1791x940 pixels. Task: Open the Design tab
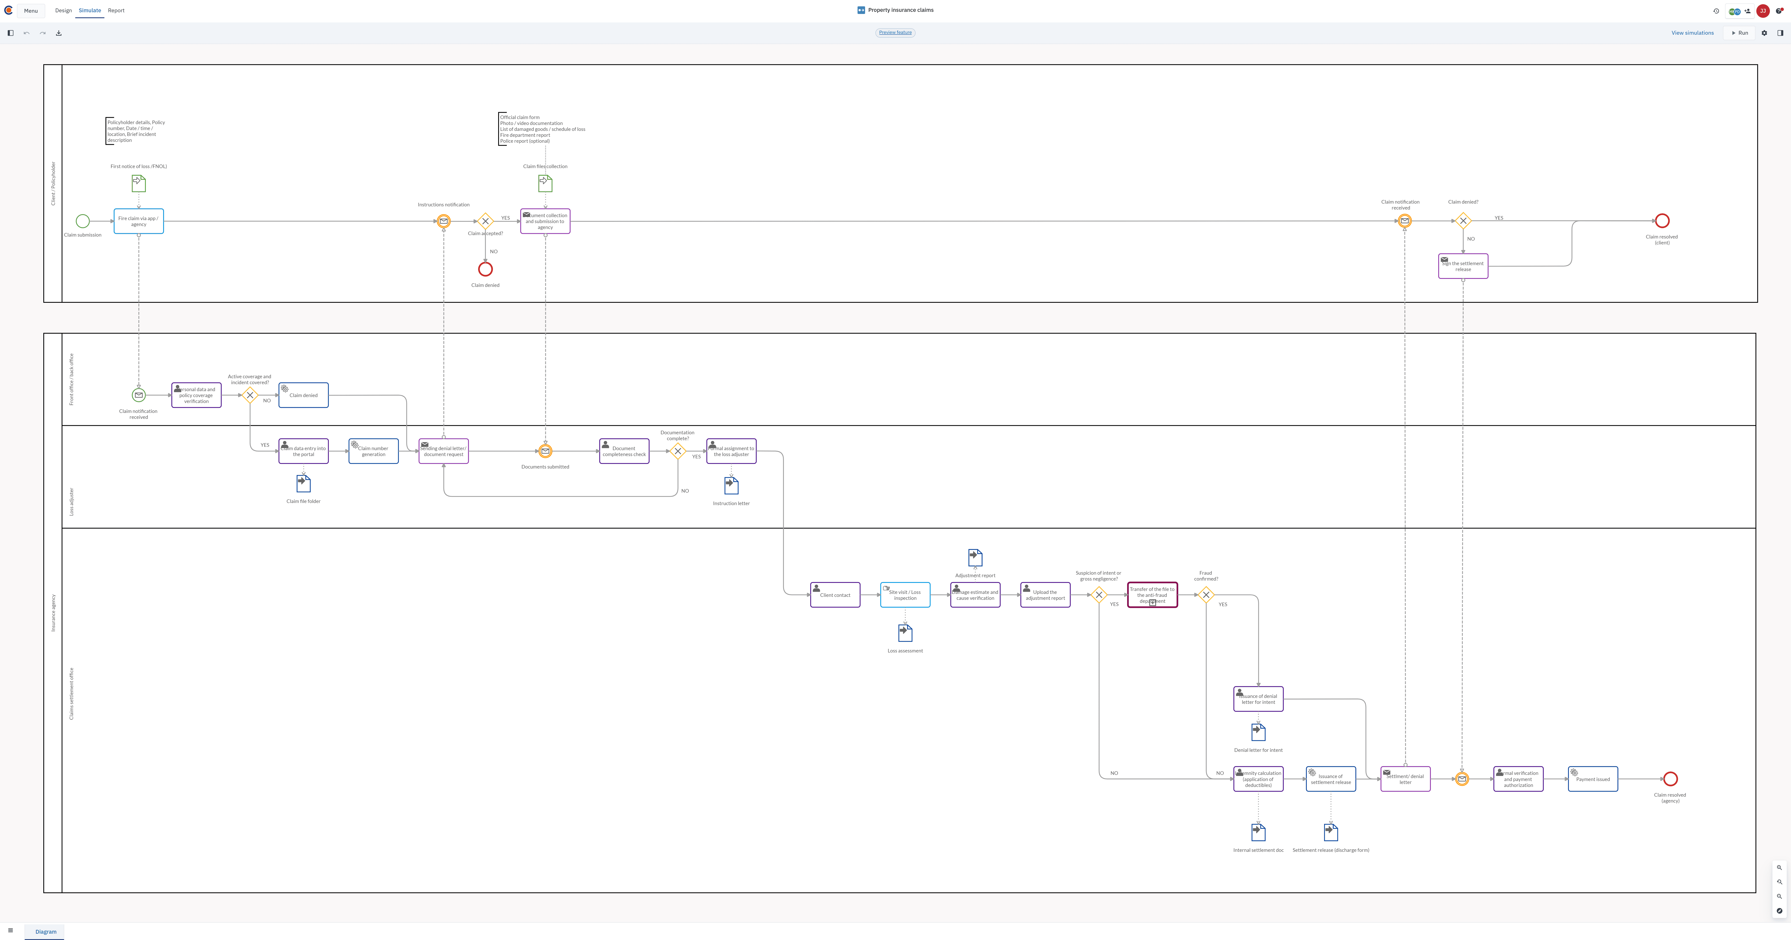pyautogui.click(x=63, y=10)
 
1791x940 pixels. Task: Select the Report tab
pyautogui.click(x=116, y=10)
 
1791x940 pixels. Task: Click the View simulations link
pyautogui.click(x=1692, y=33)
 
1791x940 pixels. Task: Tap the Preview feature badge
pyautogui.click(x=895, y=33)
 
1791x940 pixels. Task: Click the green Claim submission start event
pyautogui.click(x=83, y=221)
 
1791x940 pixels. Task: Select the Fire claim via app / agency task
pyautogui.click(x=139, y=221)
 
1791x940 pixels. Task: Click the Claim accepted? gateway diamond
pyautogui.click(x=485, y=221)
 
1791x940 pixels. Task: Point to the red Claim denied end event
pyautogui.click(x=485, y=269)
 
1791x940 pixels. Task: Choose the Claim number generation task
pyautogui.click(x=373, y=451)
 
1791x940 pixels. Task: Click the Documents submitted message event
pyautogui.click(x=545, y=451)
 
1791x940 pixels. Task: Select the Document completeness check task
pyautogui.click(x=624, y=451)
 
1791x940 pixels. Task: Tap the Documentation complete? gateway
pyautogui.click(x=678, y=451)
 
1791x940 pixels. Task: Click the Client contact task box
pyautogui.click(x=835, y=595)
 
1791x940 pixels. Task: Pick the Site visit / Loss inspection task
pyautogui.click(x=905, y=595)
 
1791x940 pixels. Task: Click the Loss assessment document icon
pyautogui.click(x=905, y=633)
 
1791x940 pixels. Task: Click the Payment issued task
pyautogui.click(x=1593, y=779)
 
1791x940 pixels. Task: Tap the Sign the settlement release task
pyautogui.click(x=1463, y=266)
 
